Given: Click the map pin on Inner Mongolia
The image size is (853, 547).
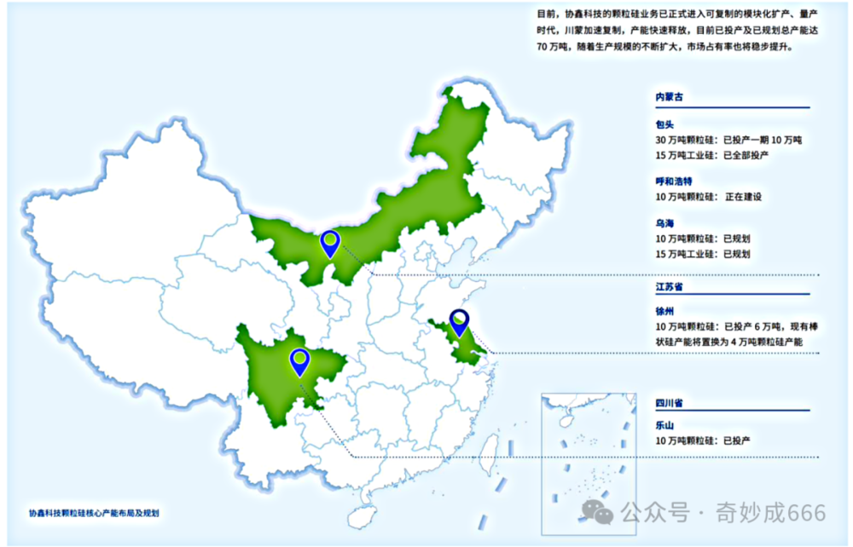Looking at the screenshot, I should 330,244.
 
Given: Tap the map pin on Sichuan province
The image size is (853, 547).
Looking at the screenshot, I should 299,361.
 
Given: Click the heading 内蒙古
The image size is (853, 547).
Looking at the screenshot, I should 670,97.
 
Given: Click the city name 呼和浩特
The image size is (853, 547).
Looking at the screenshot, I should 674,181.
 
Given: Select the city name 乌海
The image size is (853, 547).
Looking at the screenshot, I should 664,224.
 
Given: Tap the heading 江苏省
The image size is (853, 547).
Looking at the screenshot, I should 670,287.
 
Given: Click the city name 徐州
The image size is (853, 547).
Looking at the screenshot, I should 664,311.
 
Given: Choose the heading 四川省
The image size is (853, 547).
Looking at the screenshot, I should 670,401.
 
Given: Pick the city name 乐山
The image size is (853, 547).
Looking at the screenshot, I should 664,424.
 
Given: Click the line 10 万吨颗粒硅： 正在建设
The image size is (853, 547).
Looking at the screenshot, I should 708,197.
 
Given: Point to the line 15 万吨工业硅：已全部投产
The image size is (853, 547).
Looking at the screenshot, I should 712,155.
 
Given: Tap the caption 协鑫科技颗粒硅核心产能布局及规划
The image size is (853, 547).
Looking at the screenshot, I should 94,514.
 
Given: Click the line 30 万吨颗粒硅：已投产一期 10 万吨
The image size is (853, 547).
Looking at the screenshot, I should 729,140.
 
